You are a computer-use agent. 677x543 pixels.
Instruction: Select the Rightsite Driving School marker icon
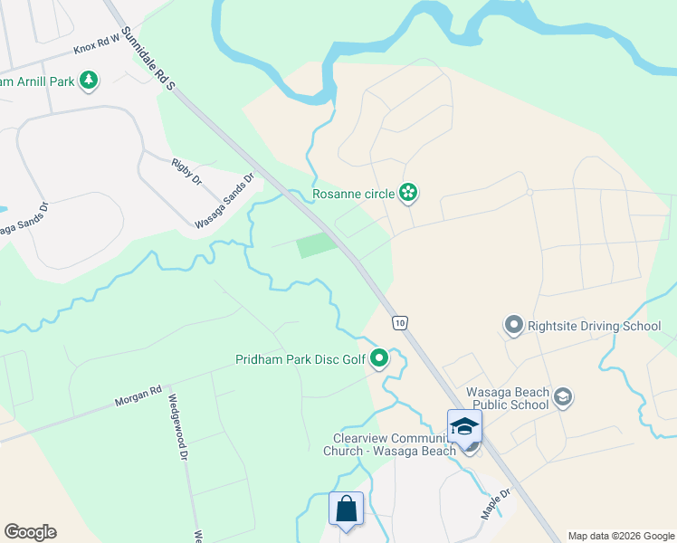pos(514,324)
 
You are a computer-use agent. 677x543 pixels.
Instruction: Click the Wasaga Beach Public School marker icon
pos(563,396)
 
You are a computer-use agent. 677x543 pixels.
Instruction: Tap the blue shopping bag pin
pos(346,510)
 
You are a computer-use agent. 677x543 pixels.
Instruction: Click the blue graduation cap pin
pos(464,425)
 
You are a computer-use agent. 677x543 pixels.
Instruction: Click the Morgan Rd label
pos(138,395)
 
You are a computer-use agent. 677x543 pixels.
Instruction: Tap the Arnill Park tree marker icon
pos(89,81)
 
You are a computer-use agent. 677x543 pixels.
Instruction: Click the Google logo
pos(30,532)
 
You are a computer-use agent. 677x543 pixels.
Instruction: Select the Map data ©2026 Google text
pos(620,536)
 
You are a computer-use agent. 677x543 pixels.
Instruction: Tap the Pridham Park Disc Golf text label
pos(300,360)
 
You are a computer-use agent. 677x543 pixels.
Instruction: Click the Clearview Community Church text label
pos(389,444)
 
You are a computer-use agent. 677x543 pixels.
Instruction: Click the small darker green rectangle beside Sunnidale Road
pos(315,244)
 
